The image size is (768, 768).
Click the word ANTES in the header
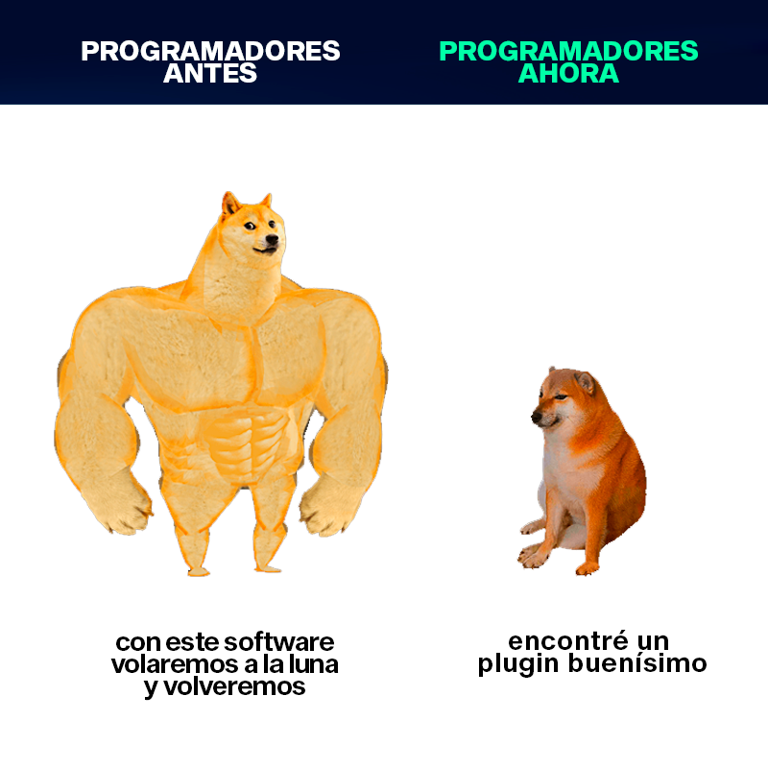pos(210,74)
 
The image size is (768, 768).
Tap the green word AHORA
pos(568,74)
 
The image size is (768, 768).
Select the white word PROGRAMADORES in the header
pos(210,51)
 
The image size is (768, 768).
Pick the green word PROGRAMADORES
pos(568,51)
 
